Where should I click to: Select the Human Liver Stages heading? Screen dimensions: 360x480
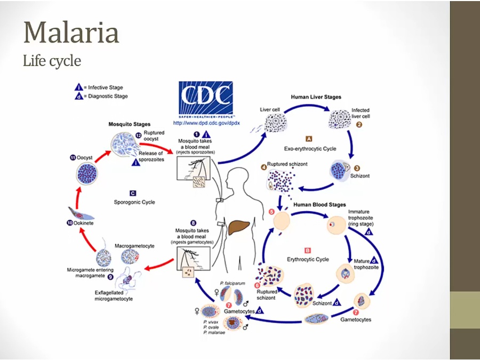point(316,97)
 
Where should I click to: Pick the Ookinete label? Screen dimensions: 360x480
point(84,223)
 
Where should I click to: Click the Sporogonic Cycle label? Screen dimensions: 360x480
point(134,202)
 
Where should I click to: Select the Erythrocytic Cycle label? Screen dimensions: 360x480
point(309,259)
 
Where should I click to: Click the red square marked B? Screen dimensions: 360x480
point(308,250)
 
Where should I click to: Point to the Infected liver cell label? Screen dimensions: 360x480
point(361,113)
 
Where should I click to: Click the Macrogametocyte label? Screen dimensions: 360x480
point(134,246)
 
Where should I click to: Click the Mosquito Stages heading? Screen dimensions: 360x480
point(130,124)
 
